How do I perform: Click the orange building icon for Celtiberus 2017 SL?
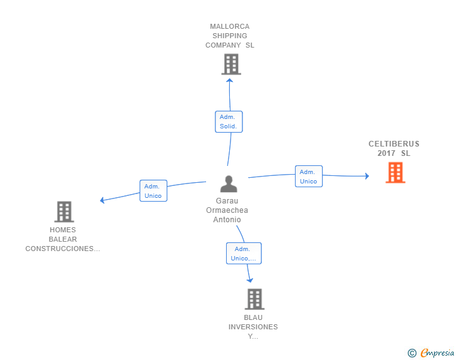coord(395,172)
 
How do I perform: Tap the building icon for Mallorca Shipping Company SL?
coord(231,64)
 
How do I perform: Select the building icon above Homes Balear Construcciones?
coord(64,212)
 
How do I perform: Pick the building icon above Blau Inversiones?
coord(254,299)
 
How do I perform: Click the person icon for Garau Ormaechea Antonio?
coord(229,183)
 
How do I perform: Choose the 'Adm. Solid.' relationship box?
coord(228,121)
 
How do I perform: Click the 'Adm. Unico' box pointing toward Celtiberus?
coord(308,177)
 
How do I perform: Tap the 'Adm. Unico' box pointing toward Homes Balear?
coord(153,191)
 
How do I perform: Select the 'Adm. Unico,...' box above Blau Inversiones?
coord(244,254)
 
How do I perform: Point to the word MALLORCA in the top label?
coord(230,26)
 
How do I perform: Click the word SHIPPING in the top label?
coord(230,36)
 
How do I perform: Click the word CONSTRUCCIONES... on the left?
coord(63,249)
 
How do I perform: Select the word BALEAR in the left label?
coord(63,239)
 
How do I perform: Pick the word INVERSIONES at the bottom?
coord(253,327)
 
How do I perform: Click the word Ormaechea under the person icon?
coord(227,210)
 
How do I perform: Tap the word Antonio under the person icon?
coord(227,220)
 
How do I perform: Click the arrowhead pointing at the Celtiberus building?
coord(367,176)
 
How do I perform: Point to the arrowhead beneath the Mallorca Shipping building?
coord(230,80)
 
